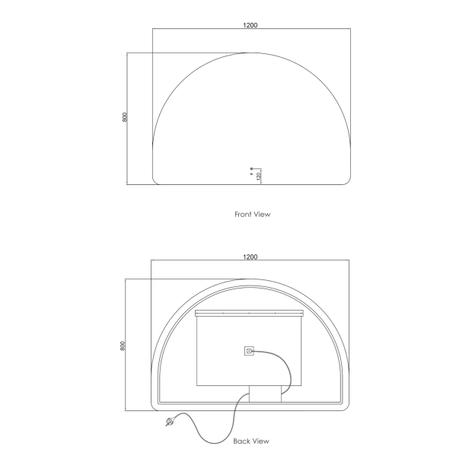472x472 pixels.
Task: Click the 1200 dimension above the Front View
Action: coord(250,25)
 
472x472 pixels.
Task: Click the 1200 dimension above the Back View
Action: coord(250,257)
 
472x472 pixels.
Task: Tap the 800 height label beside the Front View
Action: coord(125,116)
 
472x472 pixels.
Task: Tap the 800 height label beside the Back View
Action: coord(123,346)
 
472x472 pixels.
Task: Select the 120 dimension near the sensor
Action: coord(259,177)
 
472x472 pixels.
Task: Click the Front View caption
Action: coord(252,215)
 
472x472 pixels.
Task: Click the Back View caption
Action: coord(251,441)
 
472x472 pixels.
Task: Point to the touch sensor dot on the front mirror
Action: coord(251,169)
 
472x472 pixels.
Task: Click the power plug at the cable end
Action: coord(170,421)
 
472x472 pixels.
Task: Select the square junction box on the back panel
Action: coord(249,351)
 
